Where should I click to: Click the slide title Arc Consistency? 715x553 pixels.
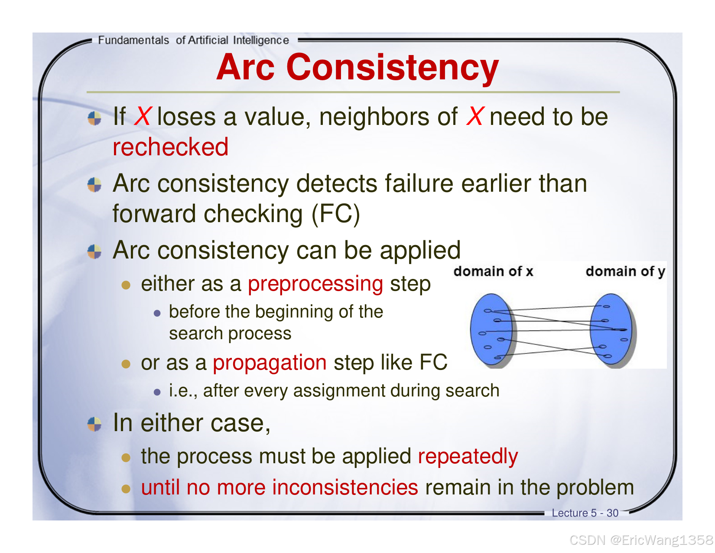[357, 68]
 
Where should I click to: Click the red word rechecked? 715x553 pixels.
[170, 147]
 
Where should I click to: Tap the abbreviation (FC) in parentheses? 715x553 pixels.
[336, 214]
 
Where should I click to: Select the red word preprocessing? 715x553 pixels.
[315, 284]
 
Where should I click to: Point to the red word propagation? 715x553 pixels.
[270, 363]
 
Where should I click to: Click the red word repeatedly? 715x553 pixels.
[468, 457]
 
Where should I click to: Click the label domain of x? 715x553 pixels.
[493, 272]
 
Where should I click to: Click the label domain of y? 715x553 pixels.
[625, 272]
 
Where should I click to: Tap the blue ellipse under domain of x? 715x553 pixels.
[491, 329]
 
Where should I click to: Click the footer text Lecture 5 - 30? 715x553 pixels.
[585, 513]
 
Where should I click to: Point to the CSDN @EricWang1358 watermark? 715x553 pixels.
[642, 540]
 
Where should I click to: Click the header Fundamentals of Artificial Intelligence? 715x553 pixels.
[193, 40]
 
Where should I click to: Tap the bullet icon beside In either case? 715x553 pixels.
[94, 424]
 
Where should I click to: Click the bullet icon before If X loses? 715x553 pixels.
[94, 118]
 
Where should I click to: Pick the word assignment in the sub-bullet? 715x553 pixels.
[339, 391]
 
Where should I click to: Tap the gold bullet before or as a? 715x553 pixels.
[126, 364]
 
